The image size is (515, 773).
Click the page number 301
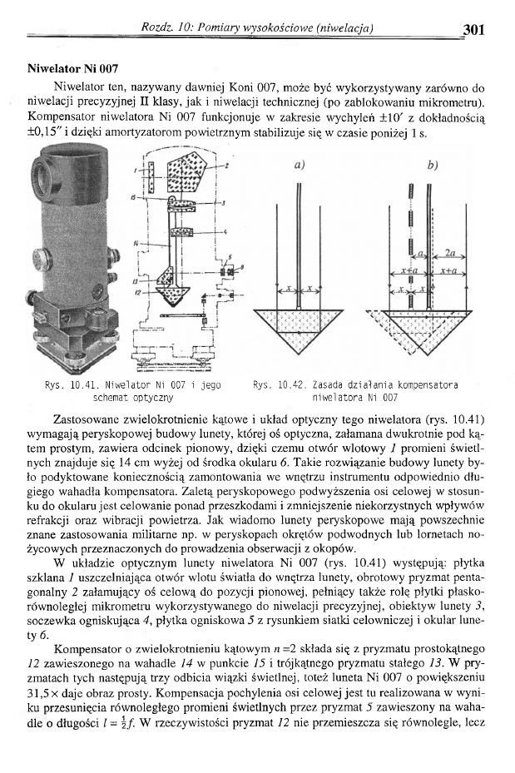(x=473, y=30)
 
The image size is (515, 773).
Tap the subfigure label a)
(x=299, y=166)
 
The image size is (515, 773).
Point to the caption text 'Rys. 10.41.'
(x=72, y=385)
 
